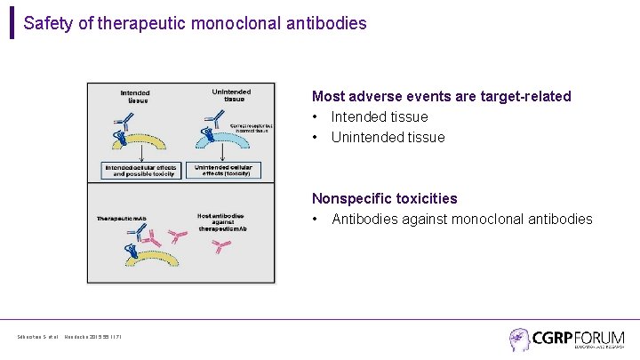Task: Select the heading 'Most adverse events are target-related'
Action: click(x=441, y=96)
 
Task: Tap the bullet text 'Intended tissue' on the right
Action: click(x=380, y=116)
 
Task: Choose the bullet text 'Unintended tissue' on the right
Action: click(x=388, y=137)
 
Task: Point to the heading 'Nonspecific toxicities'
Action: click(x=384, y=198)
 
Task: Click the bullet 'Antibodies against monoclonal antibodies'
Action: click(x=461, y=219)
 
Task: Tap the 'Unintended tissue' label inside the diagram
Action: click(x=232, y=94)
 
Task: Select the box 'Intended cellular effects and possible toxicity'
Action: click(x=142, y=169)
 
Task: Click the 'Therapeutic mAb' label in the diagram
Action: click(x=122, y=219)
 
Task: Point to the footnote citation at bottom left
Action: click(x=68, y=336)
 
